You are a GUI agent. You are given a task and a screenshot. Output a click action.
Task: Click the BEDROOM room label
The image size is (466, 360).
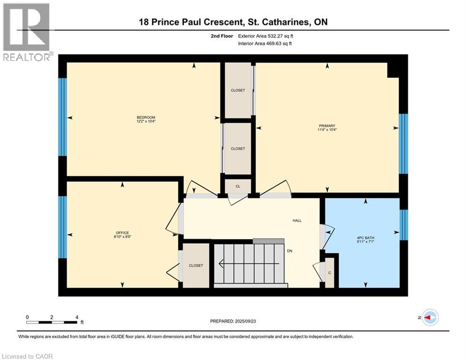pyautogui.click(x=146, y=118)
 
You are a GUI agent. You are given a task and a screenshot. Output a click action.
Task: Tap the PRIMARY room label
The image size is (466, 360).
pyautogui.click(x=327, y=126)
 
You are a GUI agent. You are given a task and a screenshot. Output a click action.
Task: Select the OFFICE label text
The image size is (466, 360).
pyautogui.click(x=122, y=233)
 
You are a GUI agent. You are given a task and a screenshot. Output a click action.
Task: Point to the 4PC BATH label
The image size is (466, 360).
pyautogui.click(x=366, y=238)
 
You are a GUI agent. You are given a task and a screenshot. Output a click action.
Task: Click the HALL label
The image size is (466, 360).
pyautogui.click(x=297, y=221)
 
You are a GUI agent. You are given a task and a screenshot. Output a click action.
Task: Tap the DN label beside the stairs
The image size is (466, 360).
pyautogui.click(x=290, y=251)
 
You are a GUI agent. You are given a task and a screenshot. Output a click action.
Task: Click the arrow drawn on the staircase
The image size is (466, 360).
pyautogui.click(x=249, y=263)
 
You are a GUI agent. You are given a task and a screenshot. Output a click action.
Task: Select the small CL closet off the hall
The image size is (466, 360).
pyautogui.click(x=238, y=187)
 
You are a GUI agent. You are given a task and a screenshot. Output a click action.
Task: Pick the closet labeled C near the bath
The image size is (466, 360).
pyautogui.click(x=330, y=273)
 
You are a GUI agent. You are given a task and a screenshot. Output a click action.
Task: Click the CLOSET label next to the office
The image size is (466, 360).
pyautogui.click(x=196, y=266)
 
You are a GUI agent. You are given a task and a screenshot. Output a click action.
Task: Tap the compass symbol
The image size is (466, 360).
pyautogui.click(x=430, y=317)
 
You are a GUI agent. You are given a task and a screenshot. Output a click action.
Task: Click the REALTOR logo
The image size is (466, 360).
pyautogui.click(x=27, y=32)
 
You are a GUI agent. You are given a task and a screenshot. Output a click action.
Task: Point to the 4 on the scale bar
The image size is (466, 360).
pyautogui.click(x=77, y=317)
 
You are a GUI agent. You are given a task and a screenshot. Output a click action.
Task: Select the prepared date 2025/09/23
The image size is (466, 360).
pyautogui.click(x=245, y=321)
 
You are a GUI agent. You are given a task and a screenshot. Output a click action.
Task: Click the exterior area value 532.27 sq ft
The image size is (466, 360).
pyautogui.click(x=281, y=36)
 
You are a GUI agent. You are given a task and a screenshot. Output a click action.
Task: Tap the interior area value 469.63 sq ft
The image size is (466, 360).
pyautogui.click(x=279, y=44)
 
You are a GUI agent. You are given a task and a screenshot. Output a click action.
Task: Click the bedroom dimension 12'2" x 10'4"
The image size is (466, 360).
pyautogui.click(x=146, y=121)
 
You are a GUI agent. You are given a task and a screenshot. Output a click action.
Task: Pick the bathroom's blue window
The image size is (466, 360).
pyautogui.click(x=404, y=225)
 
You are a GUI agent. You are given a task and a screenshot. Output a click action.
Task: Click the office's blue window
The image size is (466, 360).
pyautogui.click(x=62, y=227)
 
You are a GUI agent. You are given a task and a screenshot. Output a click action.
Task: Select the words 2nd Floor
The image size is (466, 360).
pyautogui.click(x=222, y=36)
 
